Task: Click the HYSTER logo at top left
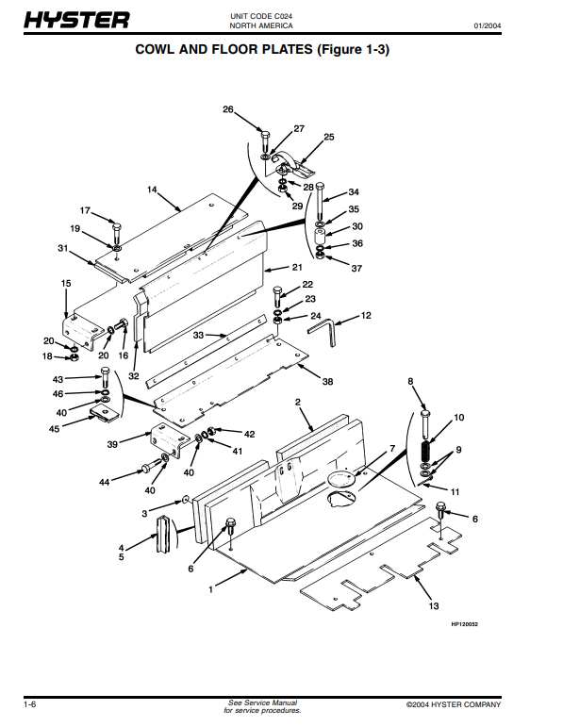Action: tap(76, 21)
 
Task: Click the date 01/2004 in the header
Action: tap(487, 26)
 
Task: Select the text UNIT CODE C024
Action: tap(261, 16)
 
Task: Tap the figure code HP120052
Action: tap(464, 624)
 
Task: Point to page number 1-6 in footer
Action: tap(29, 704)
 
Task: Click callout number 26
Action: tap(227, 109)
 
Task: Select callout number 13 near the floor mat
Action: tap(434, 606)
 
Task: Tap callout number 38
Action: tap(328, 382)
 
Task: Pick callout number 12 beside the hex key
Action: tap(366, 315)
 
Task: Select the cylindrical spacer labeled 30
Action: tap(321, 236)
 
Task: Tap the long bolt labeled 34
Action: tap(321, 201)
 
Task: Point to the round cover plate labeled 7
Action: tap(339, 479)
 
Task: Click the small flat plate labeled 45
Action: tap(106, 412)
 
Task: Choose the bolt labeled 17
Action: tap(116, 235)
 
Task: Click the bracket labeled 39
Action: tap(170, 441)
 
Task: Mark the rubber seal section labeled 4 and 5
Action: tap(162, 534)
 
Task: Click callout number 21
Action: tap(297, 267)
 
